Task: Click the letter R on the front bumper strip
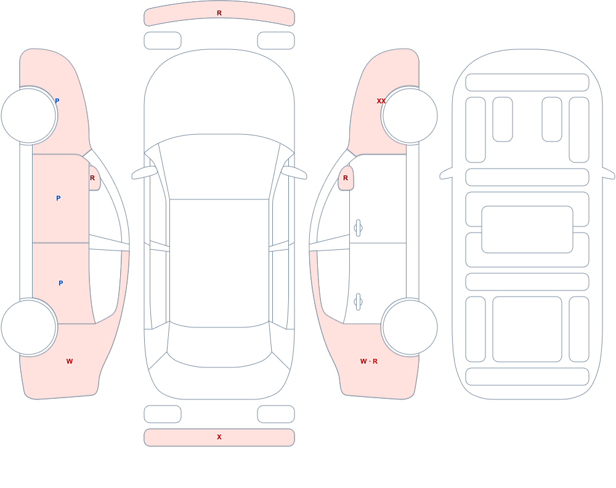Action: point(219,14)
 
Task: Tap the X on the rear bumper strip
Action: point(219,437)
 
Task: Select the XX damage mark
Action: point(381,101)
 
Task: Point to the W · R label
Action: point(369,361)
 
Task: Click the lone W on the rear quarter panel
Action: point(70,361)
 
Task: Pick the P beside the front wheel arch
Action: point(57,101)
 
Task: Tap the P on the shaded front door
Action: point(58,198)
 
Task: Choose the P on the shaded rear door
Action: point(60,283)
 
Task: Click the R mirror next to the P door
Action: point(94,178)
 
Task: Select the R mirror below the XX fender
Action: point(346,178)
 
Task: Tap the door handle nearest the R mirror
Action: point(358,228)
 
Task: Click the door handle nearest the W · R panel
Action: point(358,302)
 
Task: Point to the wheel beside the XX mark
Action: point(410,116)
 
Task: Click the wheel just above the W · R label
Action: point(410,327)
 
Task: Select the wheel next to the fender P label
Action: point(29,116)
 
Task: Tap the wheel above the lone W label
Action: point(29,327)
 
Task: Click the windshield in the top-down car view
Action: point(219,167)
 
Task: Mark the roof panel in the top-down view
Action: point(219,262)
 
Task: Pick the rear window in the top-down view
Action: point(219,345)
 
